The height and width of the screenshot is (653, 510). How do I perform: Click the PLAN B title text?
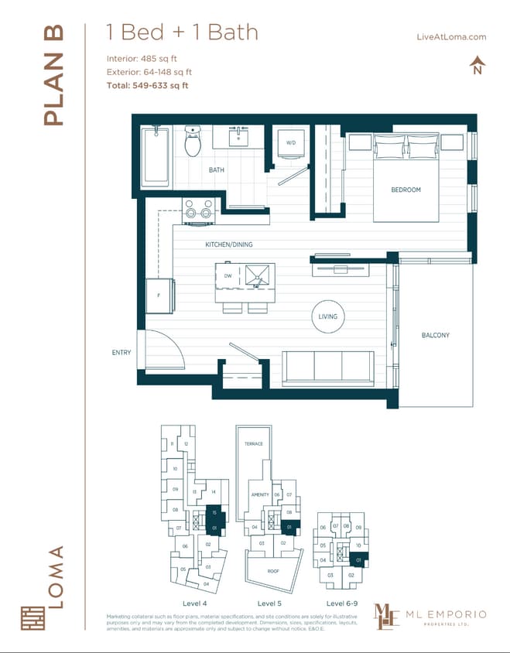[53, 75]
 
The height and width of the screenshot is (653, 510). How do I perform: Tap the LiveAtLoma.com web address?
[450, 36]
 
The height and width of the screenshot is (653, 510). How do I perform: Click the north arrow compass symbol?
[477, 66]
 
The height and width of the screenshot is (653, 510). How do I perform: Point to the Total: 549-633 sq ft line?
[147, 85]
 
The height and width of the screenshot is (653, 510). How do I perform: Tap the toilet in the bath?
[192, 142]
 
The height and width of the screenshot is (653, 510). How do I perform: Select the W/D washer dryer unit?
[291, 144]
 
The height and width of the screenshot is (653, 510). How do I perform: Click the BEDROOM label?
[406, 190]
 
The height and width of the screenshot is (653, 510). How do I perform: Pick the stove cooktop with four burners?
[198, 210]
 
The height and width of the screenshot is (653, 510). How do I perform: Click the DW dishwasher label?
[228, 275]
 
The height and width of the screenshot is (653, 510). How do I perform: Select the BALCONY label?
[435, 335]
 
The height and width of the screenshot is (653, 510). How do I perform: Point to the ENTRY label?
[122, 353]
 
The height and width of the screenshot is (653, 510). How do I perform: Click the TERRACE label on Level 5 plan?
[254, 444]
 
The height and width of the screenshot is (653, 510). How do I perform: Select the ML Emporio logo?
[430, 616]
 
